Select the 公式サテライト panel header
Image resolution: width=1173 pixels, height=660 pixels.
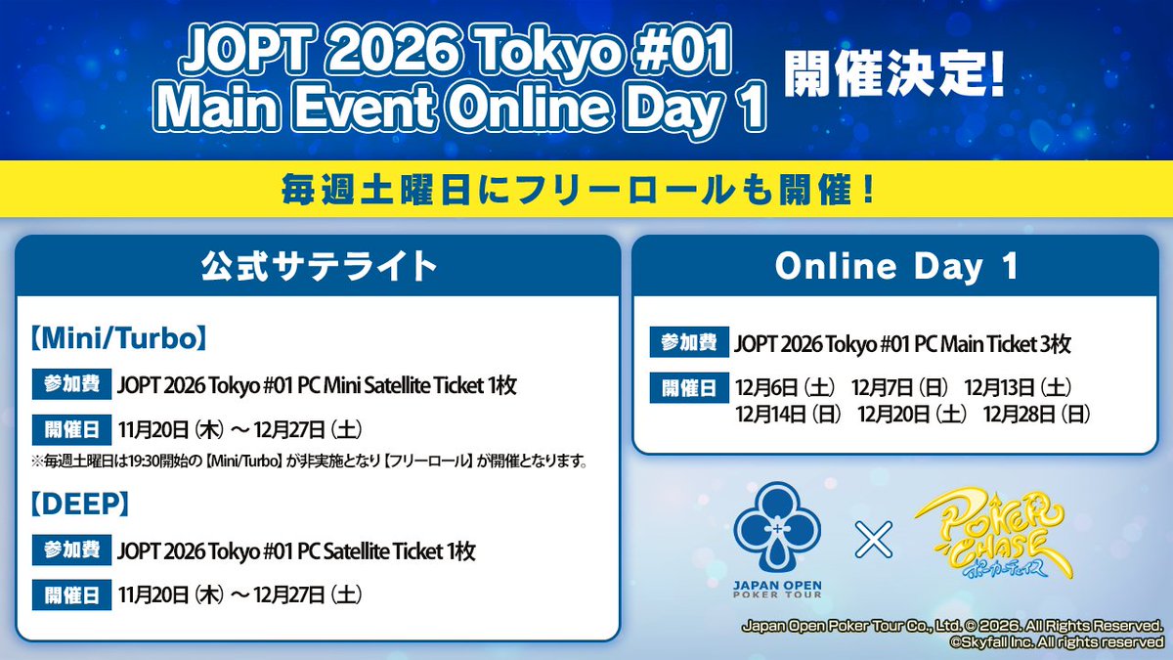click(319, 267)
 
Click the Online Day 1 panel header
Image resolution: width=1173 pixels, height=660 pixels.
click(896, 267)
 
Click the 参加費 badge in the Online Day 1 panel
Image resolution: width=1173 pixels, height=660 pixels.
click(687, 343)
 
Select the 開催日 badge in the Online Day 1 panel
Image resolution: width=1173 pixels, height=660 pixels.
click(687, 387)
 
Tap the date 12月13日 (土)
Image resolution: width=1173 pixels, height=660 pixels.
click(1018, 387)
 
